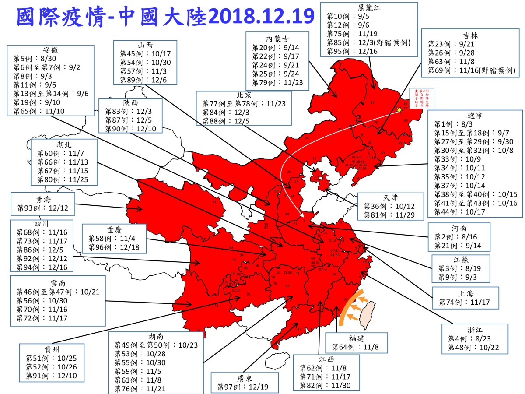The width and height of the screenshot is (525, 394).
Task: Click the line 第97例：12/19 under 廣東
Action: [x=245, y=387]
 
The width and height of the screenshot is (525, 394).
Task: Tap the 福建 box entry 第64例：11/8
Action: [x=356, y=348]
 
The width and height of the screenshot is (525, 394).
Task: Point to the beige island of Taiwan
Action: [x=366, y=314]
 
